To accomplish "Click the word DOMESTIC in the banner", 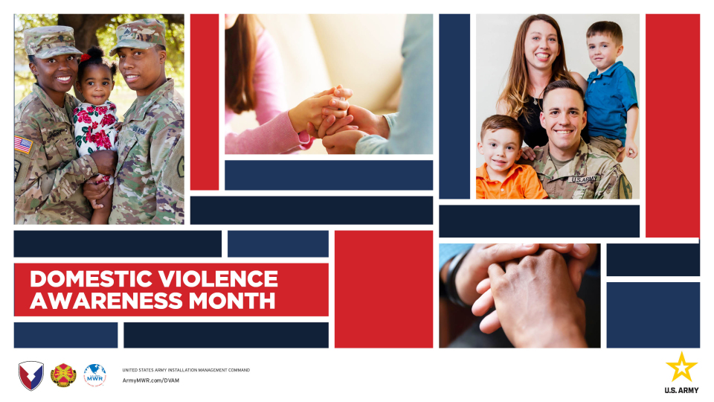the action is (91, 279).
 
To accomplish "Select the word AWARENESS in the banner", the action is (106, 301).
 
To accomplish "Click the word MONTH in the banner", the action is (232, 301).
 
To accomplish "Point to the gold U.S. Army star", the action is (681, 367).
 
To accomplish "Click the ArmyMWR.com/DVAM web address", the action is (151, 380).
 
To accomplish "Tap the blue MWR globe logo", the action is (94, 375).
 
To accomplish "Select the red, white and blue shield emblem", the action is (31, 375).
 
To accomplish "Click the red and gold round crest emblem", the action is (63, 375).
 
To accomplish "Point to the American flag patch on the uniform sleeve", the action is (23, 144).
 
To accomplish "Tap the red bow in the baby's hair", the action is (85, 57).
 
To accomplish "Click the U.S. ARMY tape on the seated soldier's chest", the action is (584, 179).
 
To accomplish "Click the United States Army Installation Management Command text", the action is (186, 370).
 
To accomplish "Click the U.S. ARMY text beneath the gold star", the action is (681, 390).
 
